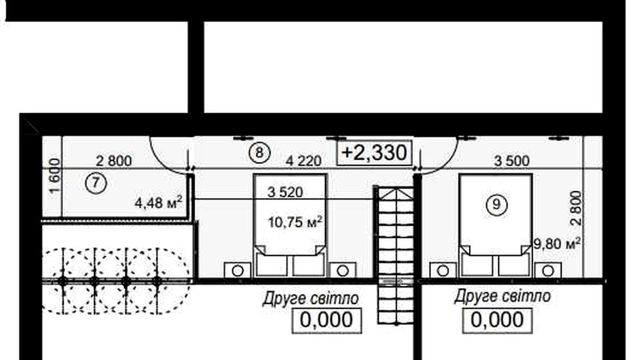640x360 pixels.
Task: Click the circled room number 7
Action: (x=96, y=183)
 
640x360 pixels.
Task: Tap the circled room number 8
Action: (x=259, y=153)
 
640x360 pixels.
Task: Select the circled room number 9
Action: (x=497, y=204)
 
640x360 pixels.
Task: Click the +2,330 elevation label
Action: (x=374, y=153)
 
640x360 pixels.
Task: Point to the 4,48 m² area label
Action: (x=158, y=202)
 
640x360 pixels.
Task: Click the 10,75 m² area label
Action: (x=295, y=222)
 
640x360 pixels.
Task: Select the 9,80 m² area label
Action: (x=558, y=244)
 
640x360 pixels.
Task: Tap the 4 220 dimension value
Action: (x=304, y=161)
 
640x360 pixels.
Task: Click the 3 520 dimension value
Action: (x=286, y=192)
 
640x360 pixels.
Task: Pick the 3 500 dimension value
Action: (x=512, y=161)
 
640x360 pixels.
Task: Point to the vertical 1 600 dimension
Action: (x=55, y=176)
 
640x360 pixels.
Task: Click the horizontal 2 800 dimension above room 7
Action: (x=114, y=161)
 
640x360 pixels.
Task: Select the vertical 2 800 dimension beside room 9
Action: (x=576, y=208)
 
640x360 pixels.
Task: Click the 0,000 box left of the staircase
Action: (x=327, y=320)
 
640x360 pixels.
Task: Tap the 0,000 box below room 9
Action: (x=497, y=320)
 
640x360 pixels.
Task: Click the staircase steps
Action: (x=395, y=255)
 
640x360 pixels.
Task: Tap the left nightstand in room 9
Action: (x=443, y=270)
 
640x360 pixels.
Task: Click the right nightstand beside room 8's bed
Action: (x=343, y=270)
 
